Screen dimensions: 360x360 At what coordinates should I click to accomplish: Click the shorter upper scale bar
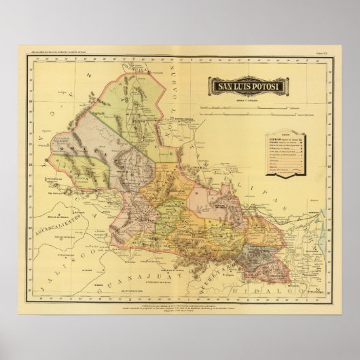pos(278,107)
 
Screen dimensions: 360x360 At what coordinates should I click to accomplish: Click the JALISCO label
pos(75,262)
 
